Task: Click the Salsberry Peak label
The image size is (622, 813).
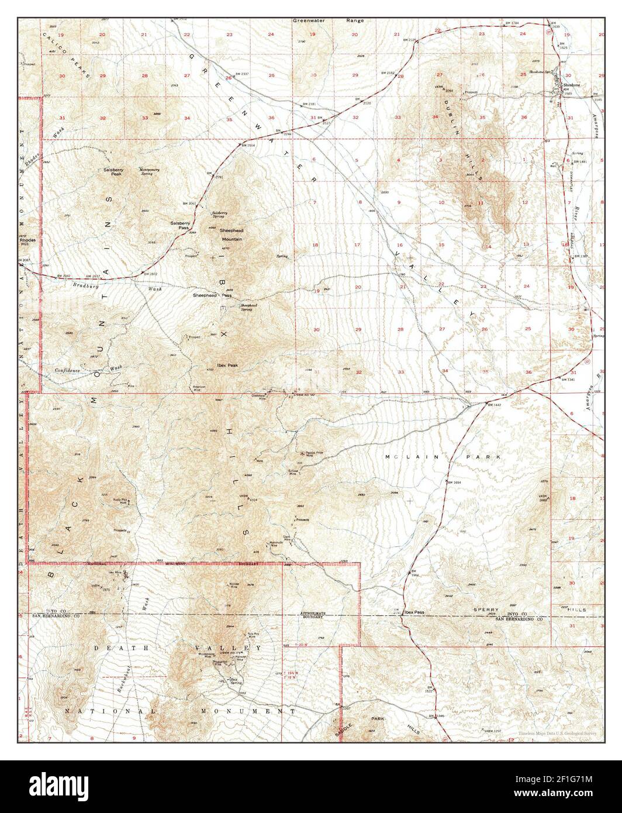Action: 112,172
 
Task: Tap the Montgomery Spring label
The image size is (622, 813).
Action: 148,172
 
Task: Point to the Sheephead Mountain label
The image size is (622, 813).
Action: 231,235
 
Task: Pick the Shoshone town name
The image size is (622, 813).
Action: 571,85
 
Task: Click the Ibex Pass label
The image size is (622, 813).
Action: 414,612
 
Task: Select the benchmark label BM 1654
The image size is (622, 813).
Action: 454,482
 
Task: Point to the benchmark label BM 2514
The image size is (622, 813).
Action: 248,144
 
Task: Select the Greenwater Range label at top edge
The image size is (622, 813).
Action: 328,20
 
